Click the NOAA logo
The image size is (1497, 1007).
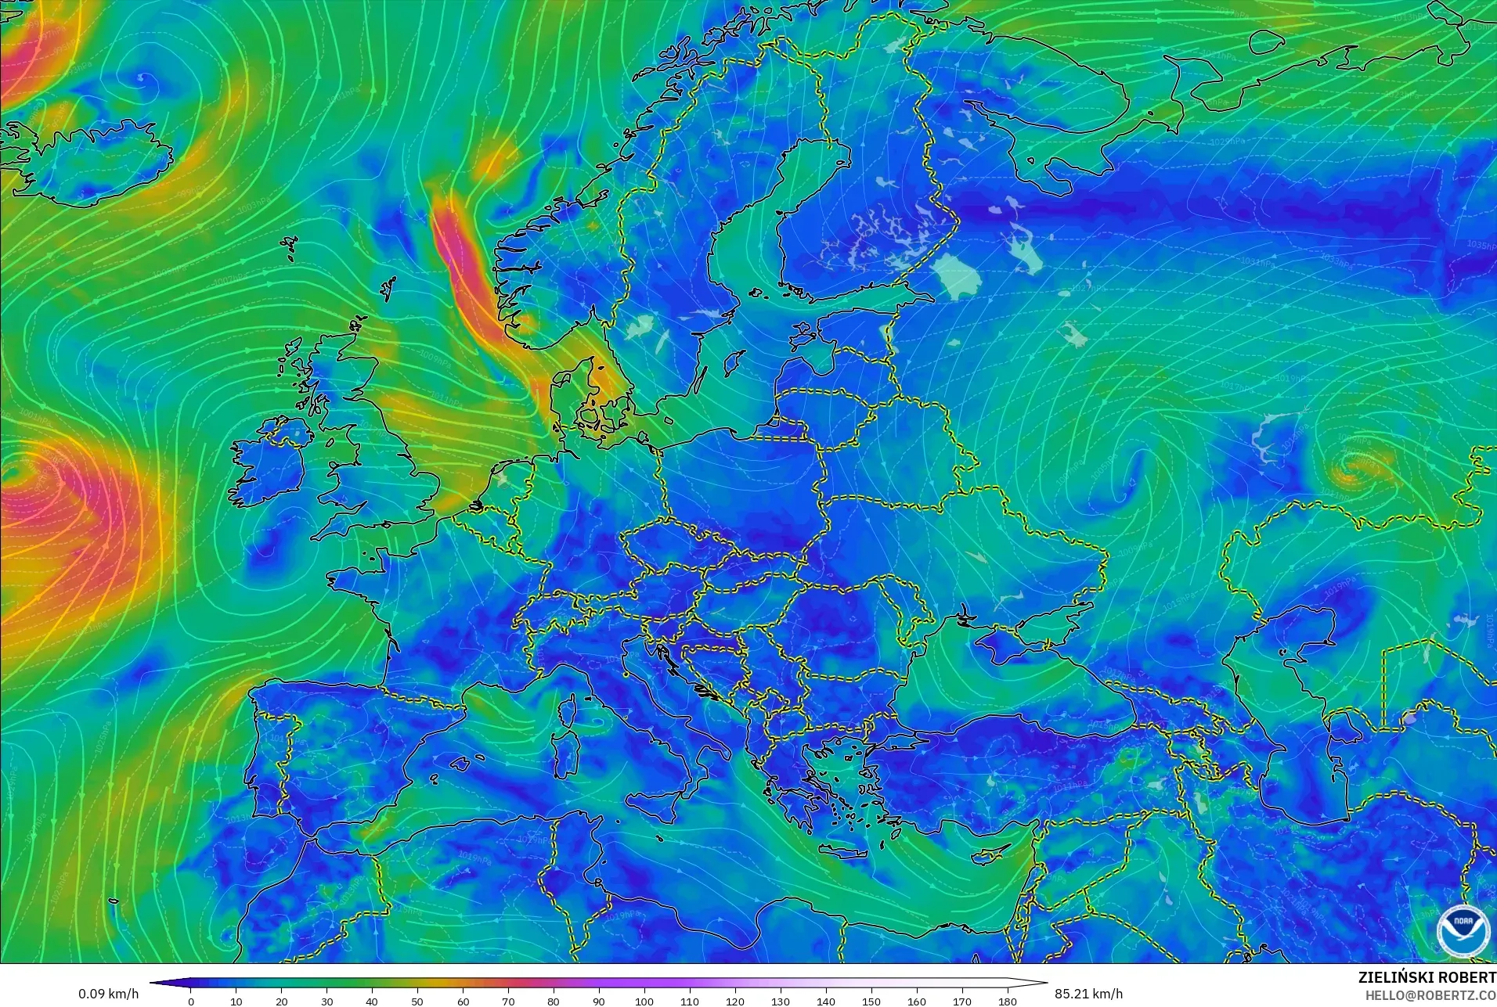tap(1463, 930)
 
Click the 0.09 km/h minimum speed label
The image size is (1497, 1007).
tap(108, 994)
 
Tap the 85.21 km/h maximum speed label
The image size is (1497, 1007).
tap(1088, 994)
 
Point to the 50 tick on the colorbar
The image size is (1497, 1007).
tap(417, 1001)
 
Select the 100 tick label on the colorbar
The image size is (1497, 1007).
tap(644, 1001)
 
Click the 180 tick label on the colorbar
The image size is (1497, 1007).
tap(1008, 1001)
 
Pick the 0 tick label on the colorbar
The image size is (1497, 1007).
tap(191, 1001)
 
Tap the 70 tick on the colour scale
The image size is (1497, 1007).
tap(508, 1001)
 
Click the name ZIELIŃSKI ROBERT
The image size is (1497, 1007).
tap(1427, 977)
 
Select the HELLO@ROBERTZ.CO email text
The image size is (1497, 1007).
tap(1430, 995)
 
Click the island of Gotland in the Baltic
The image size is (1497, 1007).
tap(734, 362)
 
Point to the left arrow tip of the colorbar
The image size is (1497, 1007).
tap(151, 983)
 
